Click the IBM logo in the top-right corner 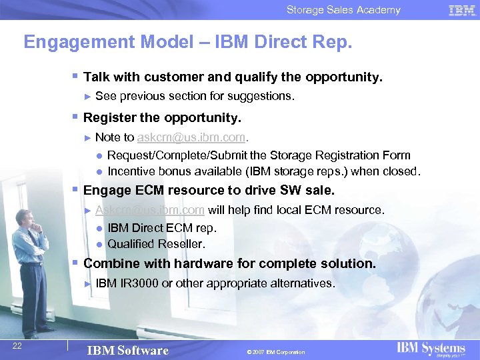462,10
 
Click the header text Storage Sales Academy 343,10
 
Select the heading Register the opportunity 162,118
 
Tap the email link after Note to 192,137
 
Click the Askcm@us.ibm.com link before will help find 150,210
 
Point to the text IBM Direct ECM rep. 162,228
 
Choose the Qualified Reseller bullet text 156,244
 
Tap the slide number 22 18,344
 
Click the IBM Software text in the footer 129,351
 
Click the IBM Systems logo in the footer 431,349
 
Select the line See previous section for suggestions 195,96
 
